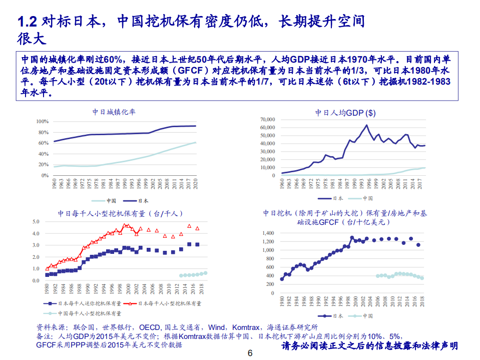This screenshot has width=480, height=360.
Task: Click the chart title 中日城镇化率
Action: pyautogui.click(x=114, y=112)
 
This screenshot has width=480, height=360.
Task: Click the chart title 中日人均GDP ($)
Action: pyautogui.click(x=345, y=113)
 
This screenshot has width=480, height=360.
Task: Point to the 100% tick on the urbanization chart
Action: pyautogui.click(x=42, y=122)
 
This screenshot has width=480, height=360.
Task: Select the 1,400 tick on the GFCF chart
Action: pyautogui.click(x=268, y=233)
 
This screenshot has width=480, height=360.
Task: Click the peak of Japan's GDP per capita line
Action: pyautogui.click(x=366, y=125)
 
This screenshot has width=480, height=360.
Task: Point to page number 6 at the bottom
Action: pyautogui.click(x=250, y=353)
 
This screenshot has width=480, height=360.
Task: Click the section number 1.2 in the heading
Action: pyautogui.click(x=28, y=22)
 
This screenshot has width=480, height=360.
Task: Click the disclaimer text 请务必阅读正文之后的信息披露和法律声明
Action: pyautogui.click(x=370, y=346)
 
